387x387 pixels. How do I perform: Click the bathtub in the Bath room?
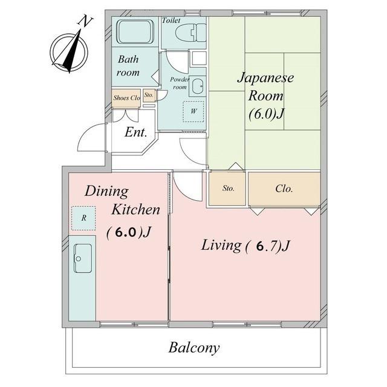pos(135,32)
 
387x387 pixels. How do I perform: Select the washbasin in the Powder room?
pos(198,86)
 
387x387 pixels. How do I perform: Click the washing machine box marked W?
pos(193,111)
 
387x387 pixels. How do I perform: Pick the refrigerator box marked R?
pos(83,218)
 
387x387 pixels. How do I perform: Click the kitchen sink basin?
pos(83,258)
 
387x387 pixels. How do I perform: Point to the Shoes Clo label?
pos(126,98)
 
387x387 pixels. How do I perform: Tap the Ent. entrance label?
pos(136,132)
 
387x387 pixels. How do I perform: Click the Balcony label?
pos(194,348)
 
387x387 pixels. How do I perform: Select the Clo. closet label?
pos(284,189)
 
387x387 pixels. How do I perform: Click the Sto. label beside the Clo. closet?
pos(229,188)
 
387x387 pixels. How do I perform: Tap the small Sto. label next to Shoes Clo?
pos(149,95)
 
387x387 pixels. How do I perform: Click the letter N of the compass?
pos(85,21)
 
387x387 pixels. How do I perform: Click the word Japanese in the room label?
pos(265,79)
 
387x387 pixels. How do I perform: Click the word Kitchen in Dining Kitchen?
pos(135,210)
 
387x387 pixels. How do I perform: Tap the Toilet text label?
pos(171,21)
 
